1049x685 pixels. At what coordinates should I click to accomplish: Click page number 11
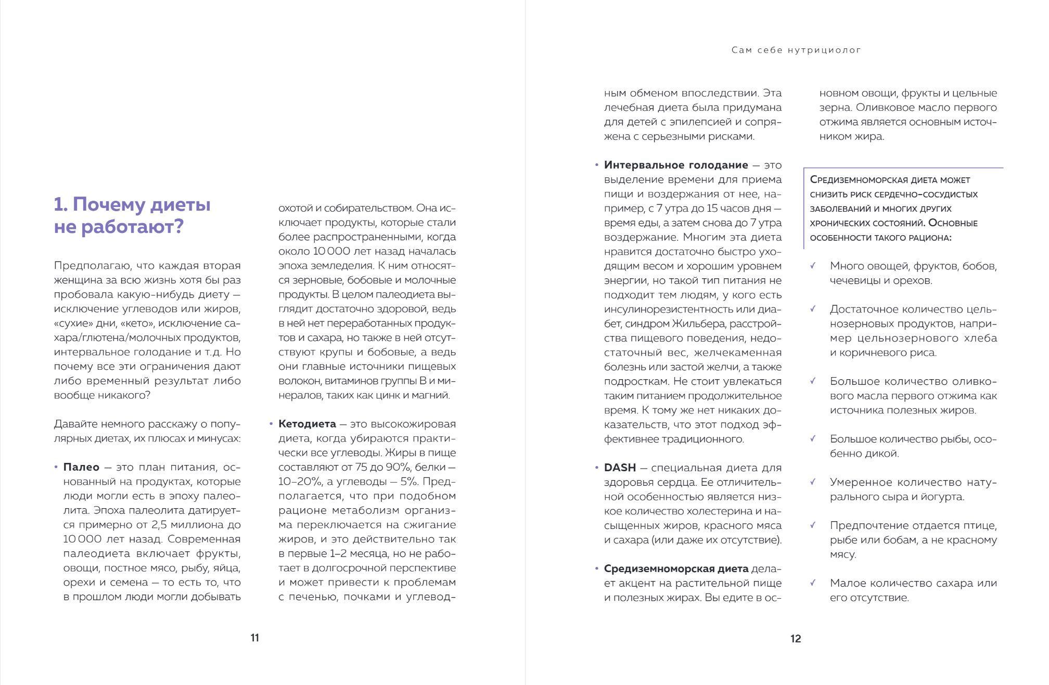254,638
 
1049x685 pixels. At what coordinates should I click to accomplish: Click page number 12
796,639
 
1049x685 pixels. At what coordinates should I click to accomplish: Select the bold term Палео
81,467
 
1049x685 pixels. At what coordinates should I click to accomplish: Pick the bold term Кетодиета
307,424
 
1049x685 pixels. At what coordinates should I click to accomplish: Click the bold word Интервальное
643,165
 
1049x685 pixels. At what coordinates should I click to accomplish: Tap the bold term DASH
620,468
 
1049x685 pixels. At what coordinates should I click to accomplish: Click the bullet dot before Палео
56,468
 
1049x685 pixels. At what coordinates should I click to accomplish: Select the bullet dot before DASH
597,468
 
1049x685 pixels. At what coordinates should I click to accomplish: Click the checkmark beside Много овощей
813,266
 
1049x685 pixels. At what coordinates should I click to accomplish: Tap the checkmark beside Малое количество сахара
813,583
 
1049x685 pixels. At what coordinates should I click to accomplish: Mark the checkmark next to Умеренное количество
813,482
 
